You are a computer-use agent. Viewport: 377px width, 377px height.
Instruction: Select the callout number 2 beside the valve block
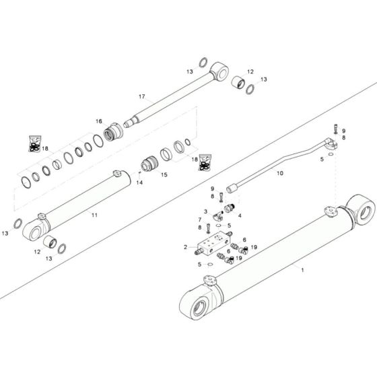[x=185, y=248]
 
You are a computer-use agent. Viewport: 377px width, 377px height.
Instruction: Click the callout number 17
[x=142, y=96]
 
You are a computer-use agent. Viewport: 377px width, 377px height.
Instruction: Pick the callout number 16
[x=98, y=121]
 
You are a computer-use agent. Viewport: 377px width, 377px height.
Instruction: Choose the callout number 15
[x=164, y=174]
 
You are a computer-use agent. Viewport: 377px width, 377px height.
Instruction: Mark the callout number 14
[x=140, y=182]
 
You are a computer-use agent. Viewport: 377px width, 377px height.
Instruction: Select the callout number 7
[x=200, y=219]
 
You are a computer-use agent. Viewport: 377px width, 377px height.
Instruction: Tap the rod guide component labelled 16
[x=115, y=127]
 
